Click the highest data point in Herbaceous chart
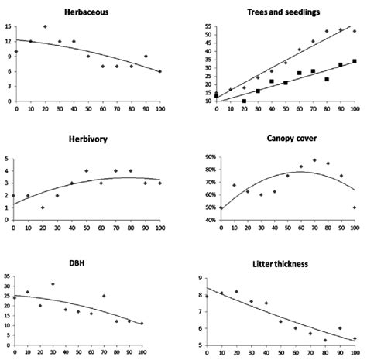click(45, 26)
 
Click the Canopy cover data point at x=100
click(355, 207)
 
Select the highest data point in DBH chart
click(53, 284)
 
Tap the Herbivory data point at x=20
click(42, 207)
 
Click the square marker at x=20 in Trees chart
click(244, 101)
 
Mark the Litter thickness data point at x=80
click(325, 340)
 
